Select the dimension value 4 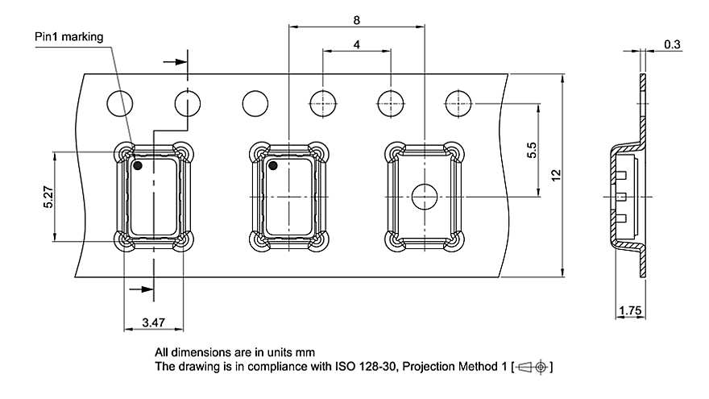tap(356, 45)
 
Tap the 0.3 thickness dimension tap(672, 44)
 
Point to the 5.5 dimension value tap(531, 151)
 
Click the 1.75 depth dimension tap(629, 310)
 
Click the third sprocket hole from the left tap(255, 104)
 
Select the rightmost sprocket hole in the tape tap(458, 104)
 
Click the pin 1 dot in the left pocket tap(138, 166)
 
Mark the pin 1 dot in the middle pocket tap(273, 166)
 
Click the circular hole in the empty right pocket tap(424, 196)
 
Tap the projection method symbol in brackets tap(532, 368)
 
